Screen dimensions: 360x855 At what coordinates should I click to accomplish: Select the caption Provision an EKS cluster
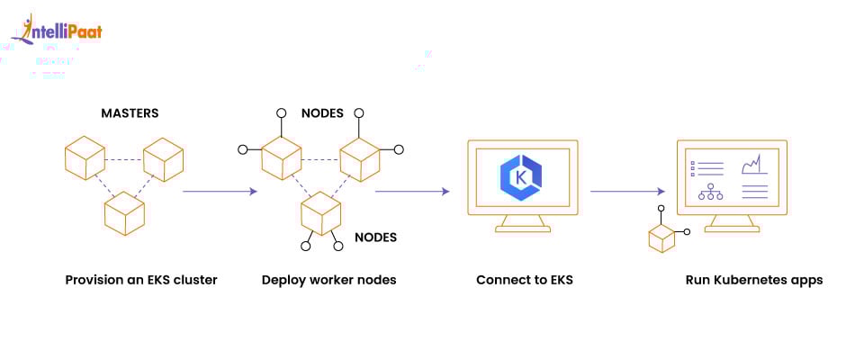pos(141,280)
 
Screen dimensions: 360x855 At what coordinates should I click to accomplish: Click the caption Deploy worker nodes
pos(328,280)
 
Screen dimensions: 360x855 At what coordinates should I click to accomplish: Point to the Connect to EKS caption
pos(525,280)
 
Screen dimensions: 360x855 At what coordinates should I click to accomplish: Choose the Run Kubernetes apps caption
pos(754,280)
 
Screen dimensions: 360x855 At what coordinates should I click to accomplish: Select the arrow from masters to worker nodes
pos(220,192)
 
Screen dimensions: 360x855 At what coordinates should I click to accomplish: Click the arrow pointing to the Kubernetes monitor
pos(411,191)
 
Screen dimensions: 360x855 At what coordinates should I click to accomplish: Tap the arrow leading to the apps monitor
pos(627,191)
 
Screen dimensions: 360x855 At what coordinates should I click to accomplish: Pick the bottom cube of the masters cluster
pos(124,212)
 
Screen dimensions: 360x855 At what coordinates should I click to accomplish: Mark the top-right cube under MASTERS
pos(164,160)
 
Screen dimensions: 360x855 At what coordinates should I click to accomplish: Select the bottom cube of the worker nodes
pos(321,213)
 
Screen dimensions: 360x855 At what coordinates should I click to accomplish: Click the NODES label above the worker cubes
pos(320,114)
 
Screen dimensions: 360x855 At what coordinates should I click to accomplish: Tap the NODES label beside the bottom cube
pos(375,238)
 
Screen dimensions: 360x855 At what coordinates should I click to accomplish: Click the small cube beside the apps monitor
pos(661,238)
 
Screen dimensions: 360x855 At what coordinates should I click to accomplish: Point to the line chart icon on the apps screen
pos(752,166)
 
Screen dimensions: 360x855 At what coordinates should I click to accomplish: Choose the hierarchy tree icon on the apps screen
pos(711,192)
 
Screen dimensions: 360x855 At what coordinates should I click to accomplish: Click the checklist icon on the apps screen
pos(706,167)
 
